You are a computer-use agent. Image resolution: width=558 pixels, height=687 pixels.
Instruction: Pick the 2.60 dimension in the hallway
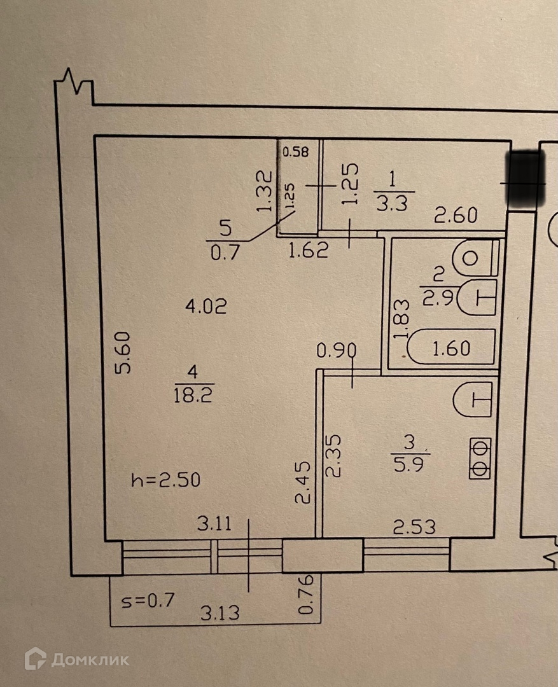[x=456, y=216]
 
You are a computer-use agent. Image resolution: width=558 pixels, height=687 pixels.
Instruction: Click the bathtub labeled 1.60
[x=450, y=348]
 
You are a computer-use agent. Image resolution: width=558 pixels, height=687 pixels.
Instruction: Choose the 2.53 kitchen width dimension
[x=414, y=527]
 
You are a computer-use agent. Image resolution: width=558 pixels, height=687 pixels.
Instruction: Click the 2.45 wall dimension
[x=303, y=483]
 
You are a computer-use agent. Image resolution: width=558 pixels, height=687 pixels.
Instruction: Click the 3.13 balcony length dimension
[x=221, y=613]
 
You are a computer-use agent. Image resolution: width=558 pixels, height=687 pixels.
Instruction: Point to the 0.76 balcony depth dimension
[x=306, y=595]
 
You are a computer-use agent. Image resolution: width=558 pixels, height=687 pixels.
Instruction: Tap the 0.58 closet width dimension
[x=295, y=151]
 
